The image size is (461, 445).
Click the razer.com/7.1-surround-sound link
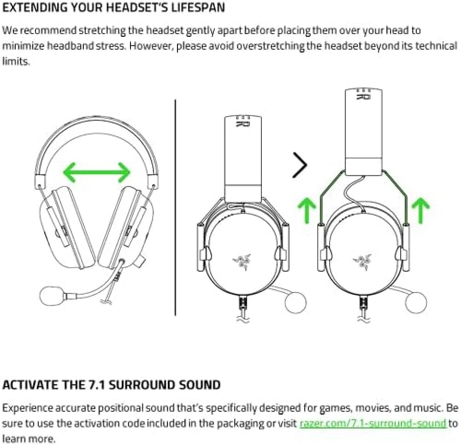point(373,423)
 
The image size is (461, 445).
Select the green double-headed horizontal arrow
point(97,172)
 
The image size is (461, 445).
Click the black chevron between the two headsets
point(300,165)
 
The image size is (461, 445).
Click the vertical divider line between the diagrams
point(176,207)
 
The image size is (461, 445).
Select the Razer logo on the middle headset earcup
point(242,261)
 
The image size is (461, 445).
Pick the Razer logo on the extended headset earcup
point(362,261)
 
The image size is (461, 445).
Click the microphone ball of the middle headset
point(296,303)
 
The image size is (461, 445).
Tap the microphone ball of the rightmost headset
point(416,303)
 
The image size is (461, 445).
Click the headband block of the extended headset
point(363,132)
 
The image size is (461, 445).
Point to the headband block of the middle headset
point(243,159)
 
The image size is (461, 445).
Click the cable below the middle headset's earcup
point(243,309)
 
